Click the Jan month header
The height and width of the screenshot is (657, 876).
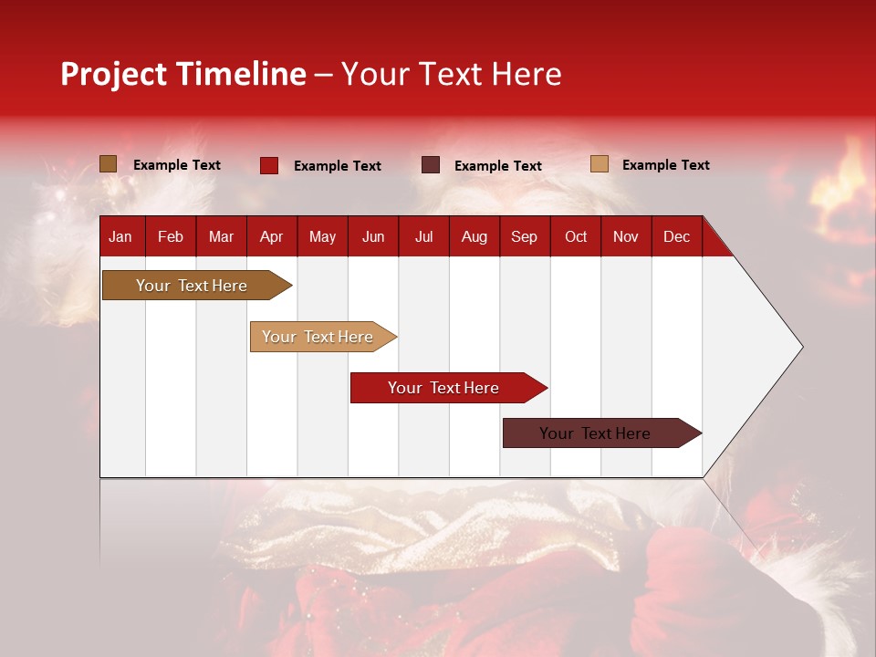[x=121, y=236]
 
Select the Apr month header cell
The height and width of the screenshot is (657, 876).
[x=272, y=236]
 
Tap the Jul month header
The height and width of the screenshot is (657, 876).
[x=423, y=236]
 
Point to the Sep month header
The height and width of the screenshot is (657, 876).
[x=525, y=236]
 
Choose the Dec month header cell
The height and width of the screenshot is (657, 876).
[x=676, y=236]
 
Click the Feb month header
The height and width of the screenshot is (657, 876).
[x=171, y=236]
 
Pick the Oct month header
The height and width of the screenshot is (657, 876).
[x=576, y=236]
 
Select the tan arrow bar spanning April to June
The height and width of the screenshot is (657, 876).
[x=319, y=337]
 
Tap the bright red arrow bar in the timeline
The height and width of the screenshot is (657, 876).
[x=445, y=388]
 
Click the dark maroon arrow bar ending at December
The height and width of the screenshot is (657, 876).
[x=598, y=433]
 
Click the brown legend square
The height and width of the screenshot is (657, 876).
[x=109, y=164]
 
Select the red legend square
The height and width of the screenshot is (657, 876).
[x=269, y=165]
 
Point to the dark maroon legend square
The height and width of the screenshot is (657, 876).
[x=431, y=165]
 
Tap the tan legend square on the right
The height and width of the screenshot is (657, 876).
[x=600, y=164]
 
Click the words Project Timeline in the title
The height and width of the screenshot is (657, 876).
[x=183, y=74]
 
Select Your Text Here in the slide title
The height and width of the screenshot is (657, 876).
[x=451, y=74]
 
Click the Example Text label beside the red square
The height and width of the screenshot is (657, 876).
[x=337, y=166]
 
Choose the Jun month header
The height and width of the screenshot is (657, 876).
[x=373, y=236]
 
